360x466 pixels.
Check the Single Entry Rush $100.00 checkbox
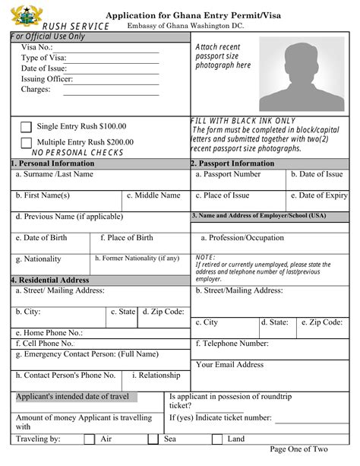26,127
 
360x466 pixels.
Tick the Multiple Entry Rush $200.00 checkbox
26,142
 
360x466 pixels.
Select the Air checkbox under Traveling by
89,439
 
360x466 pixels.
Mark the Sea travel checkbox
153,439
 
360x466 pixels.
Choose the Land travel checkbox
216,439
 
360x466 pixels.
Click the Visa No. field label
37,46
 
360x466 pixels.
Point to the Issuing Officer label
47,78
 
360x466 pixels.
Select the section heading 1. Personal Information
52,163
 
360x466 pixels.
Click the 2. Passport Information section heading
232,163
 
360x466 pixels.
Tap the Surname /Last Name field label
55,174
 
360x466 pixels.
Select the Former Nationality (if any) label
137,258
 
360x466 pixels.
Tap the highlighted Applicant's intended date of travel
72,396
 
